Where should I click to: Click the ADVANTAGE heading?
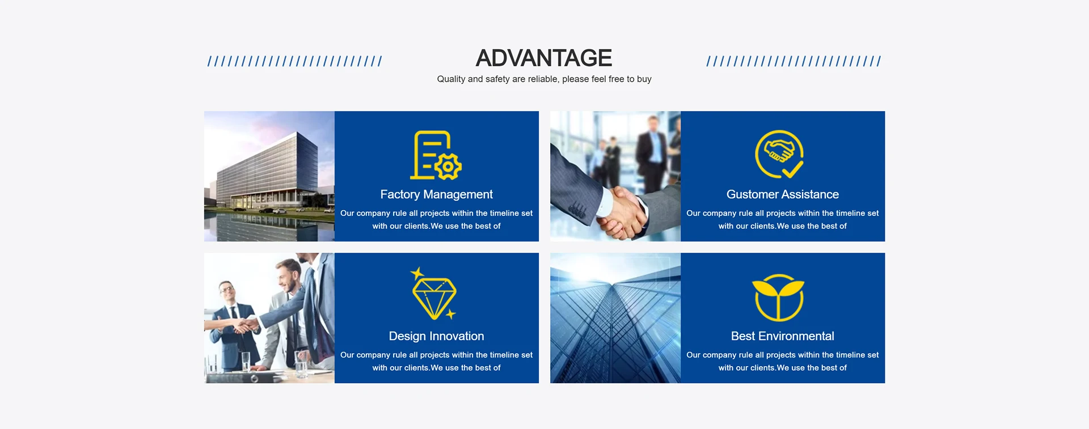[543, 58]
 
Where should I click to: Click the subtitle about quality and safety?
[544, 79]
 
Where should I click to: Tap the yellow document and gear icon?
[436, 155]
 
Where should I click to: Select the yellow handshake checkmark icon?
[779, 155]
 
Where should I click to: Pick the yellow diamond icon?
[434, 294]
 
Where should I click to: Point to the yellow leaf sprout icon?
[778, 298]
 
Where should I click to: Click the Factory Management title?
[436, 194]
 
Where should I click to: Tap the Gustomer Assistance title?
[782, 194]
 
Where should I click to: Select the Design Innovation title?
[436, 336]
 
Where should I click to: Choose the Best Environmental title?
[782, 336]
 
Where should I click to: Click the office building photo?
[269, 176]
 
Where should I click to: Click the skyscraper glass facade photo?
[615, 318]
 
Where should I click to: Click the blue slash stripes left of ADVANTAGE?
[294, 61]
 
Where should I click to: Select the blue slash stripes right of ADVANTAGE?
[793, 61]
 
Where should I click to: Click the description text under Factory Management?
[436, 219]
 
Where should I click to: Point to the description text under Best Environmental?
[782, 361]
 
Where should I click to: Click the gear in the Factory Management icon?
[448, 167]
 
